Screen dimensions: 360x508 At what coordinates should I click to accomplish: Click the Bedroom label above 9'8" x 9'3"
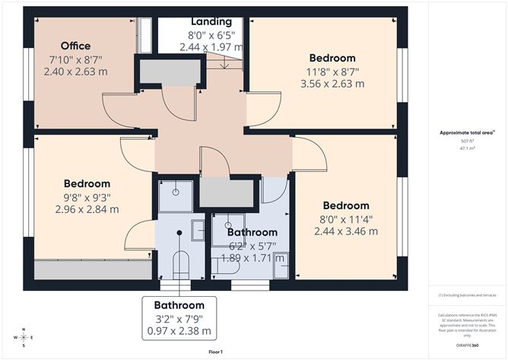coord(87,183)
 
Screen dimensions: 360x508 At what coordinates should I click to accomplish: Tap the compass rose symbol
coord(24,336)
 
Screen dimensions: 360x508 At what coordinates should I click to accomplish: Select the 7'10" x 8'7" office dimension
coord(76,59)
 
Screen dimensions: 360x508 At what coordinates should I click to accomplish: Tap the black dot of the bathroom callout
coord(179,233)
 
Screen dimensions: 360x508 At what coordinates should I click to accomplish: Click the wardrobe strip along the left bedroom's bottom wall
coord(91,270)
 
